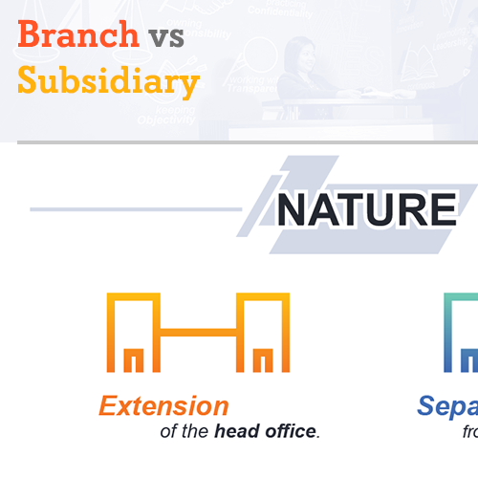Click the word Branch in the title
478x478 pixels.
click(77, 35)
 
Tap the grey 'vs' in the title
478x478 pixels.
click(166, 35)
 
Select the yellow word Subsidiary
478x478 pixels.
click(108, 81)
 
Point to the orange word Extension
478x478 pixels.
click(163, 406)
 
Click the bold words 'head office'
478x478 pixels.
click(265, 431)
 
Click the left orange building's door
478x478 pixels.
click(135, 359)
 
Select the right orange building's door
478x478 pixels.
click(261, 359)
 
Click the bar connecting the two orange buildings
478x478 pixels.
click(198, 333)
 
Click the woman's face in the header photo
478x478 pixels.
click(296, 54)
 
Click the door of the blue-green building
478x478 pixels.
click(469, 359)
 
